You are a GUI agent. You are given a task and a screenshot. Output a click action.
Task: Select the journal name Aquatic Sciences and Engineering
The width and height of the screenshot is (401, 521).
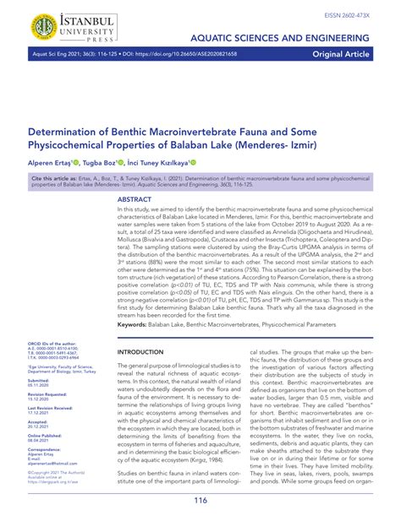(x=291, y=40)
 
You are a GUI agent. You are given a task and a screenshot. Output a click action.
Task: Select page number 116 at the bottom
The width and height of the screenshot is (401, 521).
(x=200, y=500)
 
